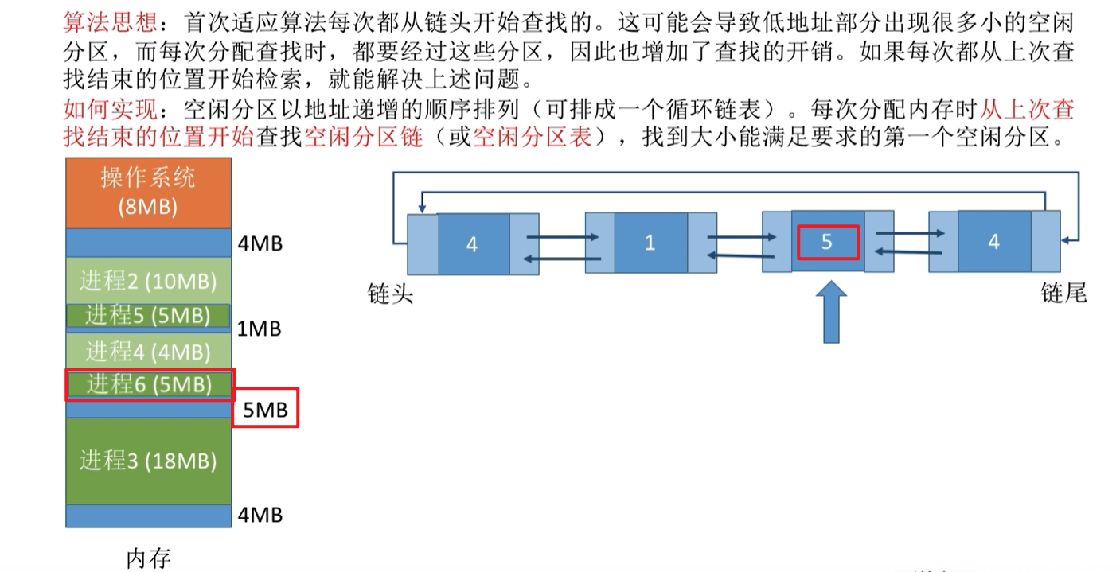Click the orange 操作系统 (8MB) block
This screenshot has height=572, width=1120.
tap(148, 193)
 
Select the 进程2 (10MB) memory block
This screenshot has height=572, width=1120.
tap(148, 280)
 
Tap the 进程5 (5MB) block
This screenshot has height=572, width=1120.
tap(148, 316)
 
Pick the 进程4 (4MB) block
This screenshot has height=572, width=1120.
tap(148, 350)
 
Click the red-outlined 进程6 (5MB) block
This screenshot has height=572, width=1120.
tap(149, 385)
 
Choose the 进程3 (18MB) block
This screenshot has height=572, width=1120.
tap(148, 461)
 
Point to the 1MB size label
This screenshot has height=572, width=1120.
tap(260, 329)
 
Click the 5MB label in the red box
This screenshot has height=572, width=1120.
tap(265, 409)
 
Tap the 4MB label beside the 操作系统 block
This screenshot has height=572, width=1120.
tap(260, 243)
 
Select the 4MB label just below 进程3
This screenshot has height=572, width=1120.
tap(260, 516)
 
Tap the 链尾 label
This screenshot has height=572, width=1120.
tap(1063, 294)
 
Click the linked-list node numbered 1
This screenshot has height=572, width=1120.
tap(650, 243)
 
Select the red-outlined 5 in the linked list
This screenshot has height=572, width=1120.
tap(827, 242)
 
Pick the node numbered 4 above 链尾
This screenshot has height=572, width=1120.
tap(993, 242)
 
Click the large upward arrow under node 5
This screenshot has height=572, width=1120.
tap(831, 313)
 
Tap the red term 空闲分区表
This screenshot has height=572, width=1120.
tap(533, 137)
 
